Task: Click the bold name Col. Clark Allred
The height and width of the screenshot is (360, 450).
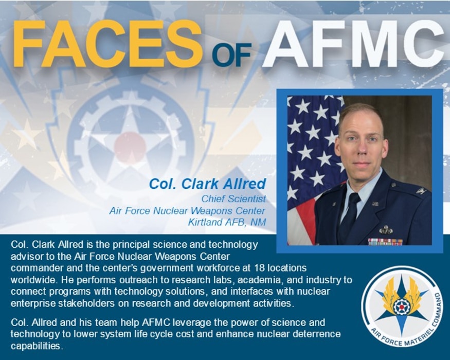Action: [207, 184]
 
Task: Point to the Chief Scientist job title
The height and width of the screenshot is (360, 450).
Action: [233, 199]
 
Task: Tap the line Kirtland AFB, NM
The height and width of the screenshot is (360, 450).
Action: [227, 222]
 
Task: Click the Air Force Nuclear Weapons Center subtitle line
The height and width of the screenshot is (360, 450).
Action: [187, 210]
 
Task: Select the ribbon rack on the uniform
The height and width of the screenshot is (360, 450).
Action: [385, 241]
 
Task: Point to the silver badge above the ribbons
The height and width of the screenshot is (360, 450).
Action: [385, 230]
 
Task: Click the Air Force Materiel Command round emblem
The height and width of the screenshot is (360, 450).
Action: [402, 307]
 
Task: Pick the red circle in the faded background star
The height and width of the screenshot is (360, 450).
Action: [130, 147]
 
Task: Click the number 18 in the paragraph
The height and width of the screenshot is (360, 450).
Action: [259, 268]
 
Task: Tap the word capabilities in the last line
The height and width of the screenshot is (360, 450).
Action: [35, 346]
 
